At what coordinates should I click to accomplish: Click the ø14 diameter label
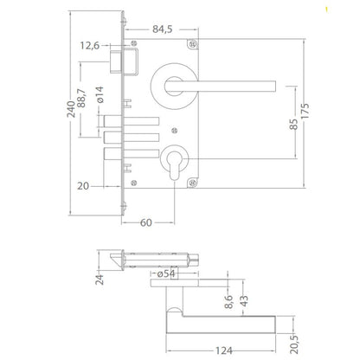(100, 94)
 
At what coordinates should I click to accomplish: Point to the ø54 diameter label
(169, 273)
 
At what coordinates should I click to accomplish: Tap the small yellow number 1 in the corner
(350, 10)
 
